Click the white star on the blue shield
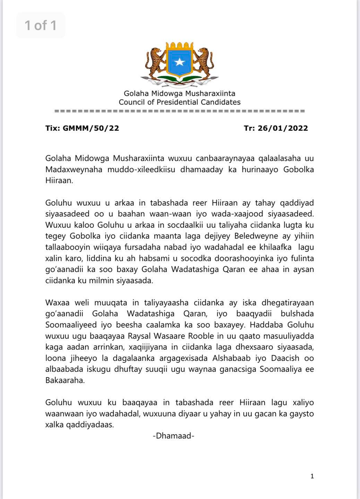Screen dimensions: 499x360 179,62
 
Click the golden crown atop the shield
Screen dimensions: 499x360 179,46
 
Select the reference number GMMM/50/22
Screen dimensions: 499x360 91,128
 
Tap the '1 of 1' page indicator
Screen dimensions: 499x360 41,25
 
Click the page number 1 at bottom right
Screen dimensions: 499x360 312,476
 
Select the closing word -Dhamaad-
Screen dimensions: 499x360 173,436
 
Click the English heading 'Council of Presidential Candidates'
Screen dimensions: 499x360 180,102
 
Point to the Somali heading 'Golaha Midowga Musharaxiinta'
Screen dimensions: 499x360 180,93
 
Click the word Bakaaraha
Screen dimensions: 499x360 65,380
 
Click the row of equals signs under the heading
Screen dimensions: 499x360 180,111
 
